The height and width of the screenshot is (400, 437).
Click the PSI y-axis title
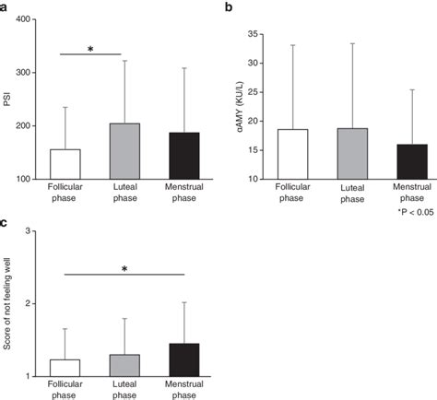(7, 99)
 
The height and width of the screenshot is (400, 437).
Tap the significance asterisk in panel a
(90, 50)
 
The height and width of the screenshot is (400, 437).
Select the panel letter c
(6, 222)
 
